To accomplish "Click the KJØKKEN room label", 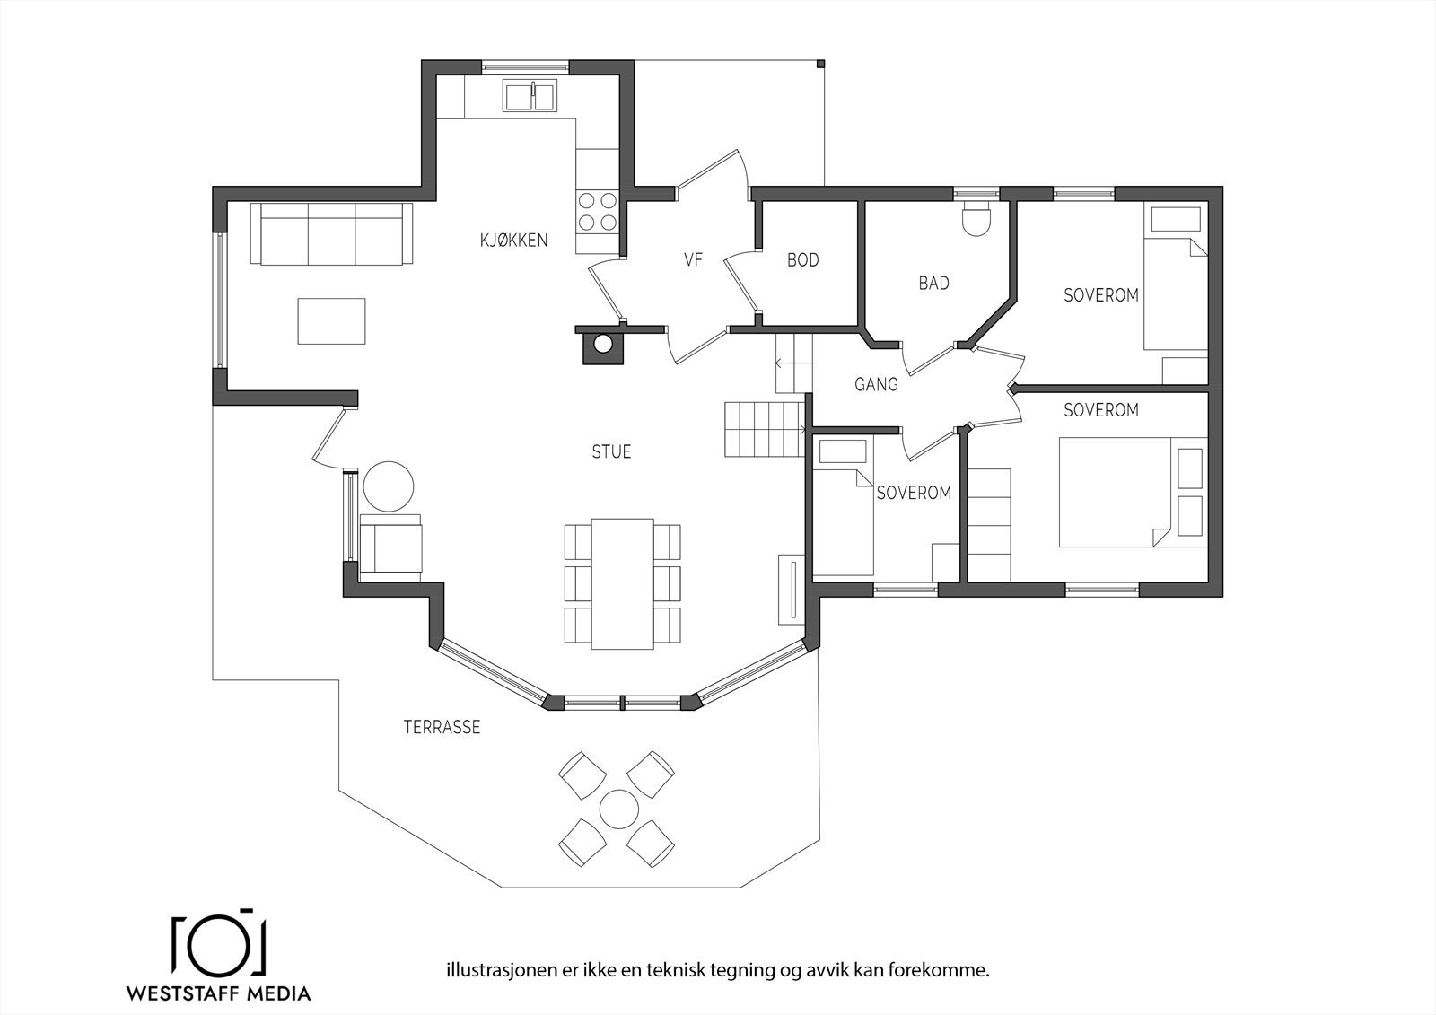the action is pyautogui.click(x=514, y=241).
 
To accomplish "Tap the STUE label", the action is pyautogui.click(x=611, y=452).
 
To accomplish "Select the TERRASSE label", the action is pyautogui.click(x=442, y=727).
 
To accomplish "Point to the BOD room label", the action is pyautogui.click(x=803, y=260).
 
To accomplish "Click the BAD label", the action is pyautogui.click(x=934, y=284).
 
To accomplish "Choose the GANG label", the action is pyautogui.click(x=876, y=385).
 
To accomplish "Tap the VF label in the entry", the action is pyautogui.click(x=694, y=259).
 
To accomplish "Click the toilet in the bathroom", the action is pyautogui.click(x=977, y=219).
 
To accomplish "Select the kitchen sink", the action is pyautogui.click(x=530, y=97).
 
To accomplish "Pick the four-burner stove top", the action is pyautogui.click(x=598, y=211).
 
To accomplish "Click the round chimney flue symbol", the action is pyautogui.click(x=602, y=345).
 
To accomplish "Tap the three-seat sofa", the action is pyautogui.click(x=331, y=234).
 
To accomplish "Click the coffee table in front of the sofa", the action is pyautogui.click(x=331, y=320).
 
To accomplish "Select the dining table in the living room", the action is pyautogui.click(x=623, y=584).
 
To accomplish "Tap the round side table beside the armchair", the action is pyautogui.click(x=389, y=486).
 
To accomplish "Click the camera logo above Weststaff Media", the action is pyautogui.click(x=219, y=947).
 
